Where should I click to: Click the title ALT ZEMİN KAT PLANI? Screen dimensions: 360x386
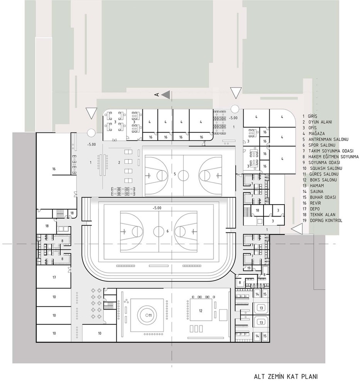(286, 377)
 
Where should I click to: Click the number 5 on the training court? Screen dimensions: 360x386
(175, 174)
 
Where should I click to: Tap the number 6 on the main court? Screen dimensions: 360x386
(167, 231)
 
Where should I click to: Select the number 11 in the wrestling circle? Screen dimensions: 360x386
(150, 315)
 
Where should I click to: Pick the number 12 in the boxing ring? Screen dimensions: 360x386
(201, 311)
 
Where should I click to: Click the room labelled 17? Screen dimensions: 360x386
(54, 278)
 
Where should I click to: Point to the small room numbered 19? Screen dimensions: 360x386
(249, 268)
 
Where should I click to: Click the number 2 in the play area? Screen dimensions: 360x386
(119, 163)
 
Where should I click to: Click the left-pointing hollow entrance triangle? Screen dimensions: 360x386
(296, 229)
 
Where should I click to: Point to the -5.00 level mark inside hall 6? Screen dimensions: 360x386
(157, 208)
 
